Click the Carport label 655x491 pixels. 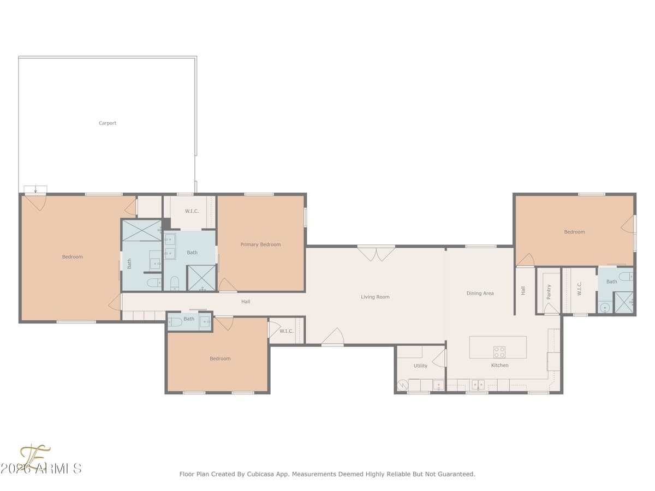click(x=108, y=123)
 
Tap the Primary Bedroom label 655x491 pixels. click(x=260, y=244)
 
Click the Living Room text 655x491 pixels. click(x=375, y=297)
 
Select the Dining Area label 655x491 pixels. click(x=480, y=294)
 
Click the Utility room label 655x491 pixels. click(x=420, y=366)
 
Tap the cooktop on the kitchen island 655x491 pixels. click(x=499, y=351)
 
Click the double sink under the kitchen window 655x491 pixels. click(x=478, y=385)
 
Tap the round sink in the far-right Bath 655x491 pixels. click(x=604, y=308)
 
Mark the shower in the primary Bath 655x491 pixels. click(x=201, y=278)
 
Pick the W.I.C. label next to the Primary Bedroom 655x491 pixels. click(x=192, y=211)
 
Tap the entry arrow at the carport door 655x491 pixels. click(x=35, y=190)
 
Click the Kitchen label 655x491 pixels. click(x=499, y=366)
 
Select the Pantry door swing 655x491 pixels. click(x=551, y=309)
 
